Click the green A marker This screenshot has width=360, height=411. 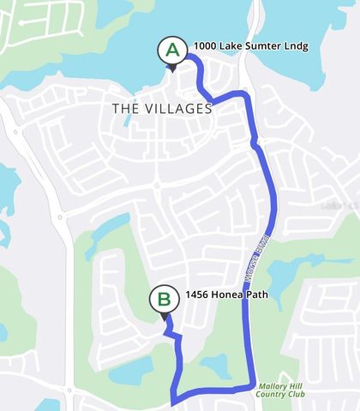[172, 50]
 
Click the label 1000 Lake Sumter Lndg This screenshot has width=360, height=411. [250, 45]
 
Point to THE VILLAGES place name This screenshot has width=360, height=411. [162, 109]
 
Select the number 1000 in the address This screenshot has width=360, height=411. [205, 45]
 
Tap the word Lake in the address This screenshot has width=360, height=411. [232, 45]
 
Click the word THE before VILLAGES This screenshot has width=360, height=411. [125, 109]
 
